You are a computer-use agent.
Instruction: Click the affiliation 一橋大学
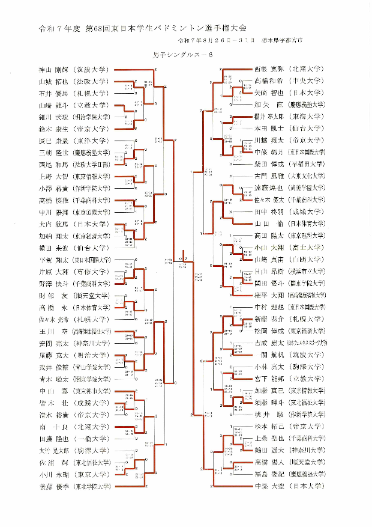pos(90,438)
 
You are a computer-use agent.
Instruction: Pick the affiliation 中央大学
pos(307,81)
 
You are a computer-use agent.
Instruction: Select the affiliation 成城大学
pos(307,212)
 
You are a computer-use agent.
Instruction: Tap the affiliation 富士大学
pos(307,248)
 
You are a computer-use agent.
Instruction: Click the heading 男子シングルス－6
pos(184,55)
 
